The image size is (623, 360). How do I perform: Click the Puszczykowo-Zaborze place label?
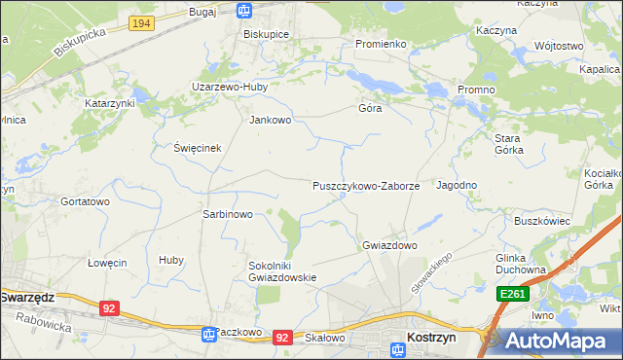pyautogui.click(x=365, y=185)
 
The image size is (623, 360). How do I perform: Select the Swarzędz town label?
pyautogui.click(x=26, y=297)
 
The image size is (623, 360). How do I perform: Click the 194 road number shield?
pyautogui.click(x=141, y=21)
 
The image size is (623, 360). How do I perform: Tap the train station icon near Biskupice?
pyautogui.click(x=244, y=12)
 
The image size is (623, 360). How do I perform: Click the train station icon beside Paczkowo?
pyautogui.click(x=208, y=334)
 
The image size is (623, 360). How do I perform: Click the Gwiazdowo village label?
pyautogui.click(x=389, y=245)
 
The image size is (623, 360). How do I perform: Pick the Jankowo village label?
pyautogui.click(x=271, y=121)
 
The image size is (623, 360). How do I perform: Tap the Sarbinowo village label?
pyautogui.click(x=227, y=214)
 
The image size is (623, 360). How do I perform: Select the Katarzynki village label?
pyautogui.click(x=109, y=102)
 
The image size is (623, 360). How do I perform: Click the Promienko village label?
pyautogui.click(x=380, y=44)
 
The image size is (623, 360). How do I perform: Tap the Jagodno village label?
pyautogui.click(x=456, y=185)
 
